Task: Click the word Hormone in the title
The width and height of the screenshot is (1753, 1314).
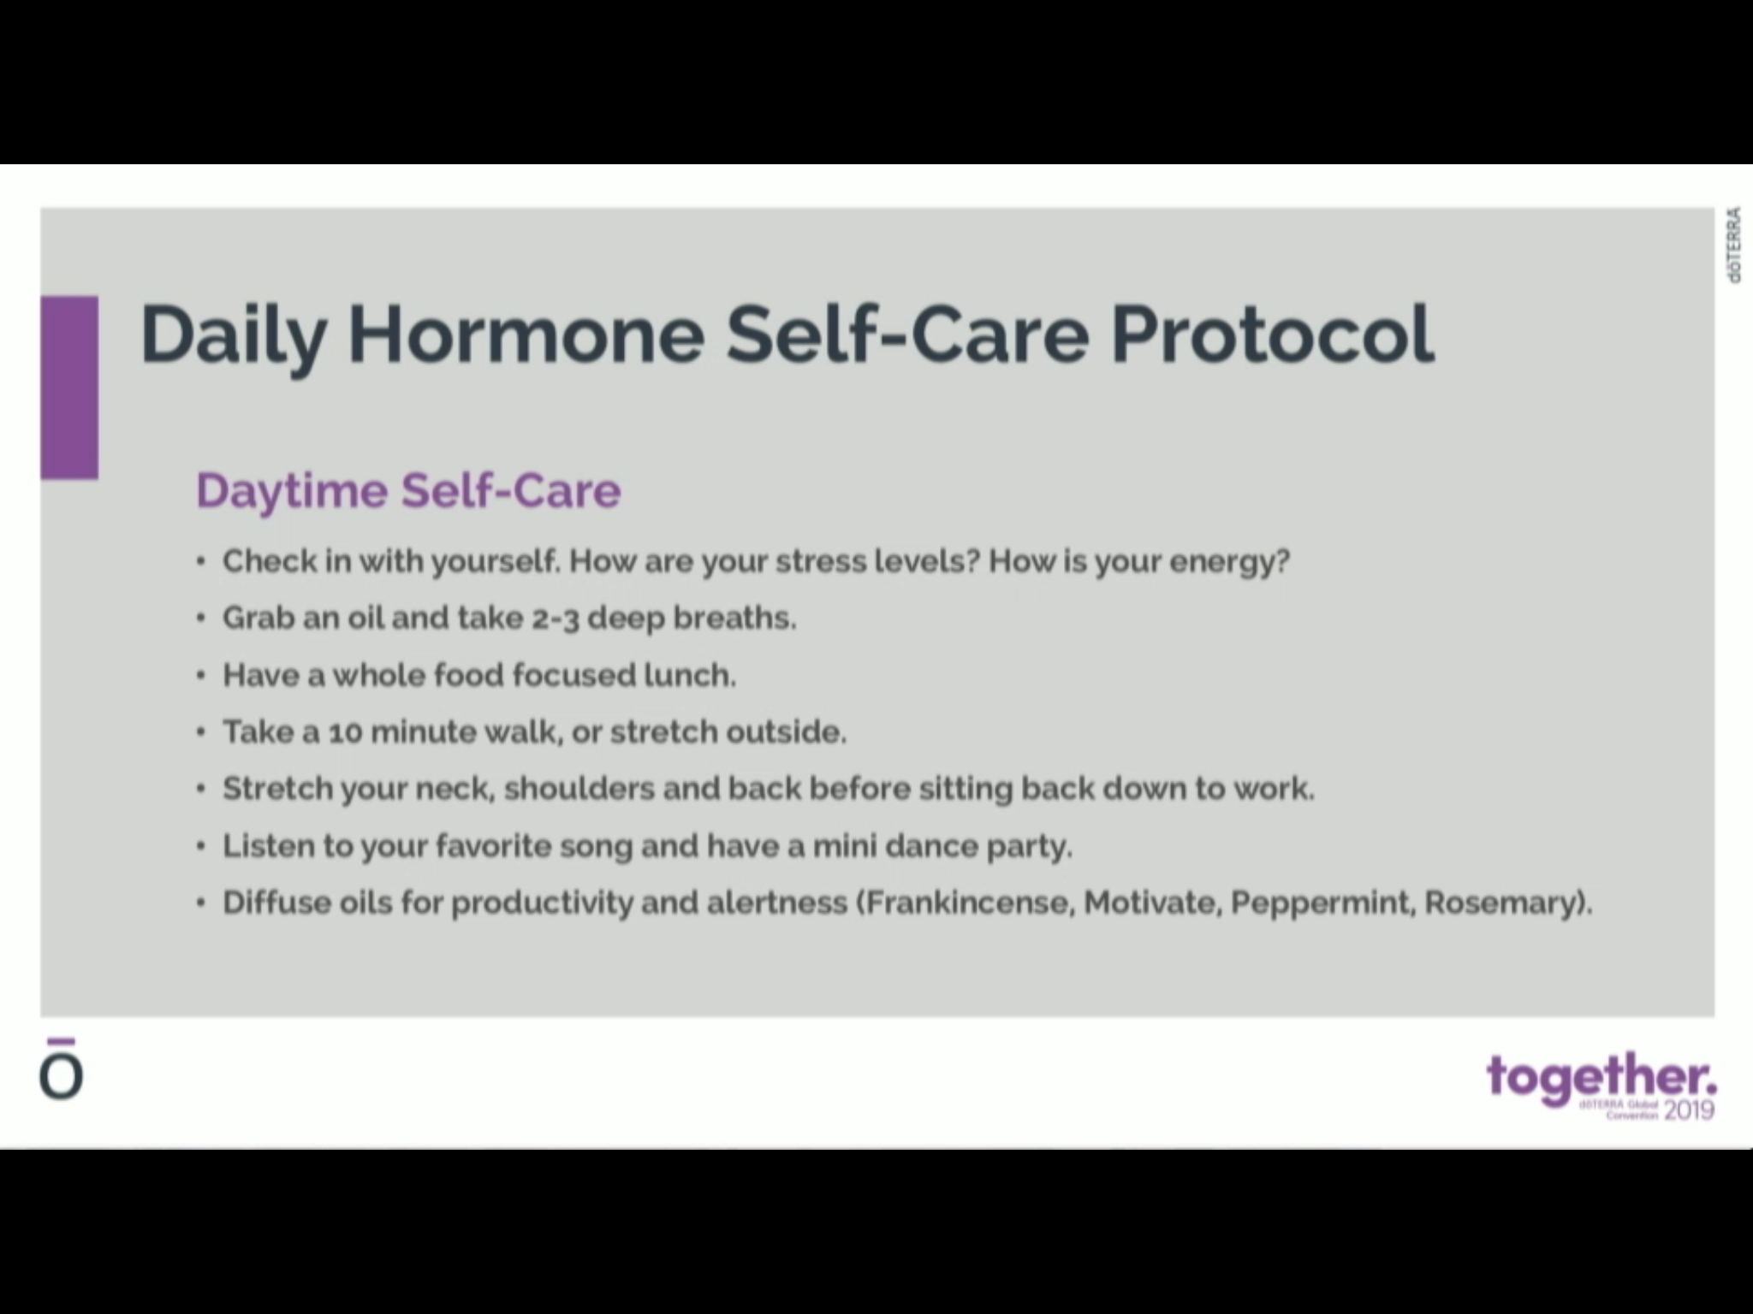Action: coord(526,334)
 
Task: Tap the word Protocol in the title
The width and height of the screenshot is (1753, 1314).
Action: coord(1273,334)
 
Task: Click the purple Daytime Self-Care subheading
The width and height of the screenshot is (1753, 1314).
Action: coord(408,491)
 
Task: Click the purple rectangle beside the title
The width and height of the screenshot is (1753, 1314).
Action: coord(69,387)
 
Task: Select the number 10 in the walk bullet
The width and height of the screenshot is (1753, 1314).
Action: coord(345,733)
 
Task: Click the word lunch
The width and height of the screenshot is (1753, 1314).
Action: coord(689,676)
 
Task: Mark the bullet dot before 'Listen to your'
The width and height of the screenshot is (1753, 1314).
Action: coord(200,847)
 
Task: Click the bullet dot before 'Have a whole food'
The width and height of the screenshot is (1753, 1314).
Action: coord(200,676)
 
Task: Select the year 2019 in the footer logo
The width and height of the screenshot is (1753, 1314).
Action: coord(1689,1110)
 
